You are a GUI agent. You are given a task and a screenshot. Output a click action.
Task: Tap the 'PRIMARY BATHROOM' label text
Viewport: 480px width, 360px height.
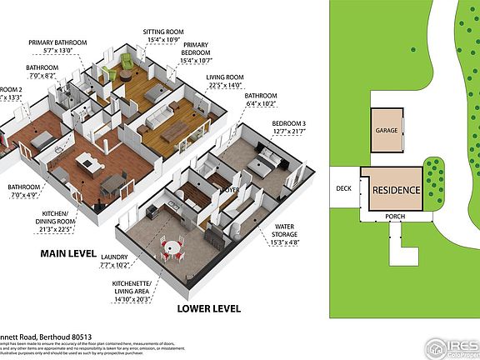coord(56,42)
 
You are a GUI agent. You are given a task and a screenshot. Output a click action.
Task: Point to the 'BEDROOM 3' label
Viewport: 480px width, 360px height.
coord(289,124)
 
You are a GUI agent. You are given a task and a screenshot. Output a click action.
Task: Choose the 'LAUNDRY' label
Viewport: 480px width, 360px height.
coord(113,257)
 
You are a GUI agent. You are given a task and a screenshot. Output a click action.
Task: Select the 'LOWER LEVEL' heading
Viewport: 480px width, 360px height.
coord(208,307)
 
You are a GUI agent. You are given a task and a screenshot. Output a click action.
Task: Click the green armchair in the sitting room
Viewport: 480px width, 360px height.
coord(126,62)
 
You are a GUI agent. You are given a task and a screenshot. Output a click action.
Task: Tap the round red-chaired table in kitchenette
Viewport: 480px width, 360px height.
coord(173,249)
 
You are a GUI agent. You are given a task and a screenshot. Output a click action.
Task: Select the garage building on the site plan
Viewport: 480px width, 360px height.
coord(386,130)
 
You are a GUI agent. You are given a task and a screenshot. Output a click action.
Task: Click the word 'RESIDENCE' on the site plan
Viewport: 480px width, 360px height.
coord(395,189)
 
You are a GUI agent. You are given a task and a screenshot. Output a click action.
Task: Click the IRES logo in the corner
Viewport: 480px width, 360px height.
coord(451,346)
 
